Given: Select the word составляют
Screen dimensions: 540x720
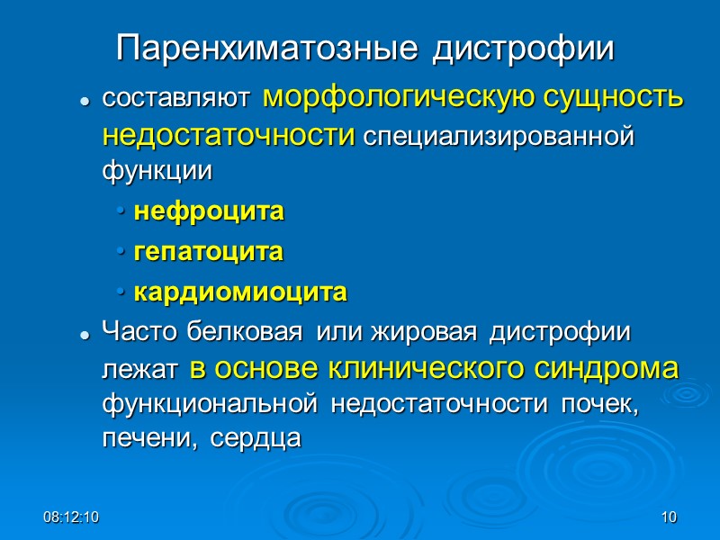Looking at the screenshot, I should (x=179, y=100).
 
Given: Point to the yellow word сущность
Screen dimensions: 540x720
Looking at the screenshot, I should (x=605, y=97).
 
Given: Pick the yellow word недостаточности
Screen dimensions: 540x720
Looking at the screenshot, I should (x=229, y=136).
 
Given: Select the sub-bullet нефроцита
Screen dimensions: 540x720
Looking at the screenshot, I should (x=209, y=213).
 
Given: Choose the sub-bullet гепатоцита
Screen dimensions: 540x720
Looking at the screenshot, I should (x=209, y=253).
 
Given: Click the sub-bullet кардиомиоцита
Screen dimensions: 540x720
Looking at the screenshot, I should (x=240, y=293).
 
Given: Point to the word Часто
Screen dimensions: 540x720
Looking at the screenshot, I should (x=141, y=332).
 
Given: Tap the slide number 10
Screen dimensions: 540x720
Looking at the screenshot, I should (x=668, y=517).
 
